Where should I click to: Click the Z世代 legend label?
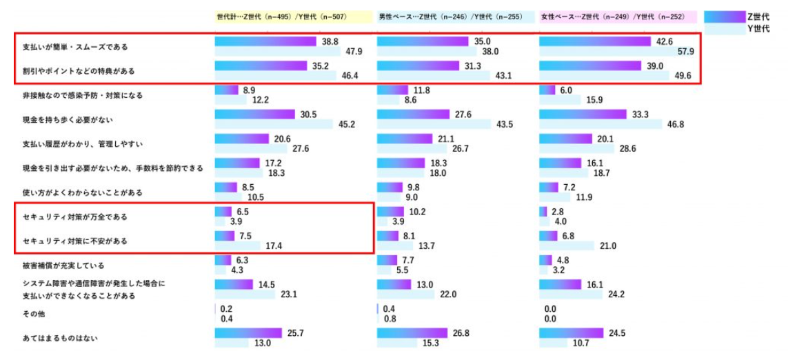(x=758, y=16)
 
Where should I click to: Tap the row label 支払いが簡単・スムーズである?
(x=75, y=47)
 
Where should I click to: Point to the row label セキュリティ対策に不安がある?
(x=75, y=241)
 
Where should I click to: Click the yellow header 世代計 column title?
(x=281, y=16)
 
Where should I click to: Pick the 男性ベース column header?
(x=450, y=16)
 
